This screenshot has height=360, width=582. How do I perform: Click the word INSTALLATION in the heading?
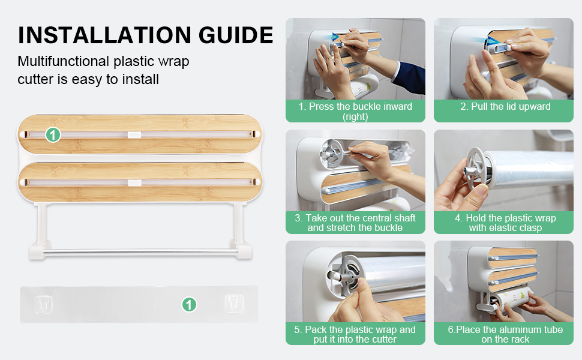(x=104, y=35)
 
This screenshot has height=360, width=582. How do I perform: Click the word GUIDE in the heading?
(x=236, y=35)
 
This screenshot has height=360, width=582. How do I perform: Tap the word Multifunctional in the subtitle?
(x=64, y=61)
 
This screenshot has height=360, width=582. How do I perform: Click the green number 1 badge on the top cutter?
(x=53, y=135)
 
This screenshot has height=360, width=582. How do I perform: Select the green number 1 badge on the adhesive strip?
(x=189, y=305)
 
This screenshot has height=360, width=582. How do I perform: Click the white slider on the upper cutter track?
(x=134, y=134)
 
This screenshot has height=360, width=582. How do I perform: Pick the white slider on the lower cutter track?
(x=134, y=182)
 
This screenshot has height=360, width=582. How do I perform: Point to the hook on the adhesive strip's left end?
(x=43, y=304)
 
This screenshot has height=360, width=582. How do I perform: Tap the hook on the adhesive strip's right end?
(x=235, y=304)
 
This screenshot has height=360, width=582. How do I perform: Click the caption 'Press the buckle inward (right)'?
(x=355, y=112)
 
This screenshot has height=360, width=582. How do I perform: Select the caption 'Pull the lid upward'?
(x=505, y=107)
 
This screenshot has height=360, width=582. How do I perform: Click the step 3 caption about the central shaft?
(x=355, y=223)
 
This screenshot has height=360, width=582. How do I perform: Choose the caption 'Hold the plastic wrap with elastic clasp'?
(x=505, y=223)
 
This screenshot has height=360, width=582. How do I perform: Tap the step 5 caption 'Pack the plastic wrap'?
(x=355, y=334)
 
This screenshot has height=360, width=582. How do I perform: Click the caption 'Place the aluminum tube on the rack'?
(x=505, y=334)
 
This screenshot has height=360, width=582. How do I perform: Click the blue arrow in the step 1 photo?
(x=336, y=37)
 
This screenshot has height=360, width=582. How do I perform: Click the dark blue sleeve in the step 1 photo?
(x=410, y=77)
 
